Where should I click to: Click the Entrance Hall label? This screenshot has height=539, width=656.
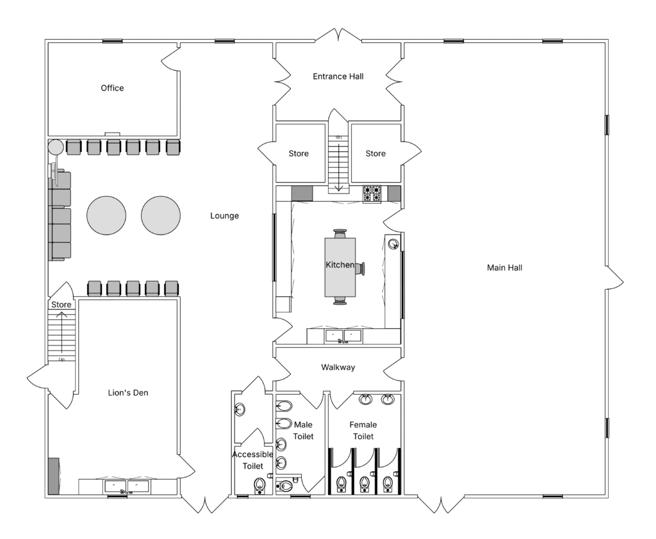(x=338, y=76)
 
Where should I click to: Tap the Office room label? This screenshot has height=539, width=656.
(x=112, y=88)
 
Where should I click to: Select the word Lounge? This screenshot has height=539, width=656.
(x=224, y=216)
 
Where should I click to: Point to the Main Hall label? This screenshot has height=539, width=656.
(x=505, y=268)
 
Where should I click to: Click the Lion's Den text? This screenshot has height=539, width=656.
(x=128, y=393)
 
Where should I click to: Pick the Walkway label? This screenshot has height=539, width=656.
(x=338, y=367)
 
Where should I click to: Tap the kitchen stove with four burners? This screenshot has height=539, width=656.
(x=372, y=194)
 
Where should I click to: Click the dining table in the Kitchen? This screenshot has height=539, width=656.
(x=340, y=267)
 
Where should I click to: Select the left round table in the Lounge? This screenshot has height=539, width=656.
(x=106, y=215)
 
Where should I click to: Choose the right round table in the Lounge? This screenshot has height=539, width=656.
(x=161, y=215)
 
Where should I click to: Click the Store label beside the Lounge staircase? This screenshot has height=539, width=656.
(x=61, y=304)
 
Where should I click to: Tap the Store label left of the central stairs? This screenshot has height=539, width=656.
(x=299, y=154)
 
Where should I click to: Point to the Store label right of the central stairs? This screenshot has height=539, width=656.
(x=375, y=154)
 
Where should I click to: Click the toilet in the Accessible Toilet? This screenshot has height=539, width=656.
(x=260, y=485)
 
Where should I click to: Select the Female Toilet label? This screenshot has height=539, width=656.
(x=363, y=431)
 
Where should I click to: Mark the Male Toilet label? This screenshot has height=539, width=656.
(x=303, y=431)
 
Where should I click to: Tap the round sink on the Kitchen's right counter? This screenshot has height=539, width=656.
(x=393, y=244)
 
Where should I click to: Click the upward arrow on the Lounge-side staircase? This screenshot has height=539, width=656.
(x=62, y=332)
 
